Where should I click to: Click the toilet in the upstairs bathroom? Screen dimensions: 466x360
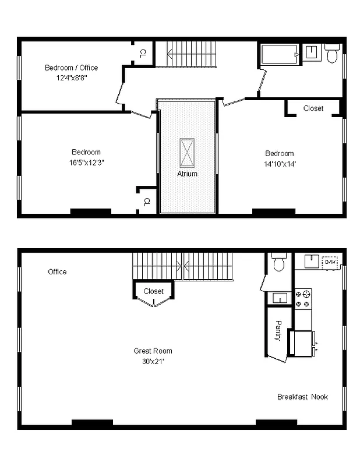coord(332,54)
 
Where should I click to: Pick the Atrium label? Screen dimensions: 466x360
coord(187,174)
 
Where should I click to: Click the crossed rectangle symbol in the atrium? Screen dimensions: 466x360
coord(187,152)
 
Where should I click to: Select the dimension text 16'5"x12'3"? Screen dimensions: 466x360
coord(86,162)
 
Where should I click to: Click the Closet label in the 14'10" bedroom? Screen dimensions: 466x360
coord(313,108)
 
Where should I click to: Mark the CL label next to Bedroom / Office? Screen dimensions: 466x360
coord(143,53)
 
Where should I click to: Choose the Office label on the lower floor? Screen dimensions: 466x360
coord(57,271)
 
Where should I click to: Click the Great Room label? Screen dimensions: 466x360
coord(153,351)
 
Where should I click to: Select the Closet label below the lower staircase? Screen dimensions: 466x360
coord(153,291)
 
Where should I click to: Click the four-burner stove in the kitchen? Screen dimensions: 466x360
coord(303,298)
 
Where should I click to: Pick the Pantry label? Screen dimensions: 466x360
coord(278,330)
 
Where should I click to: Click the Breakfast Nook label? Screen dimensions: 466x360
coord(302,397)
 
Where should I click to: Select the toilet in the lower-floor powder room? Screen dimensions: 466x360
coord(278,263)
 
